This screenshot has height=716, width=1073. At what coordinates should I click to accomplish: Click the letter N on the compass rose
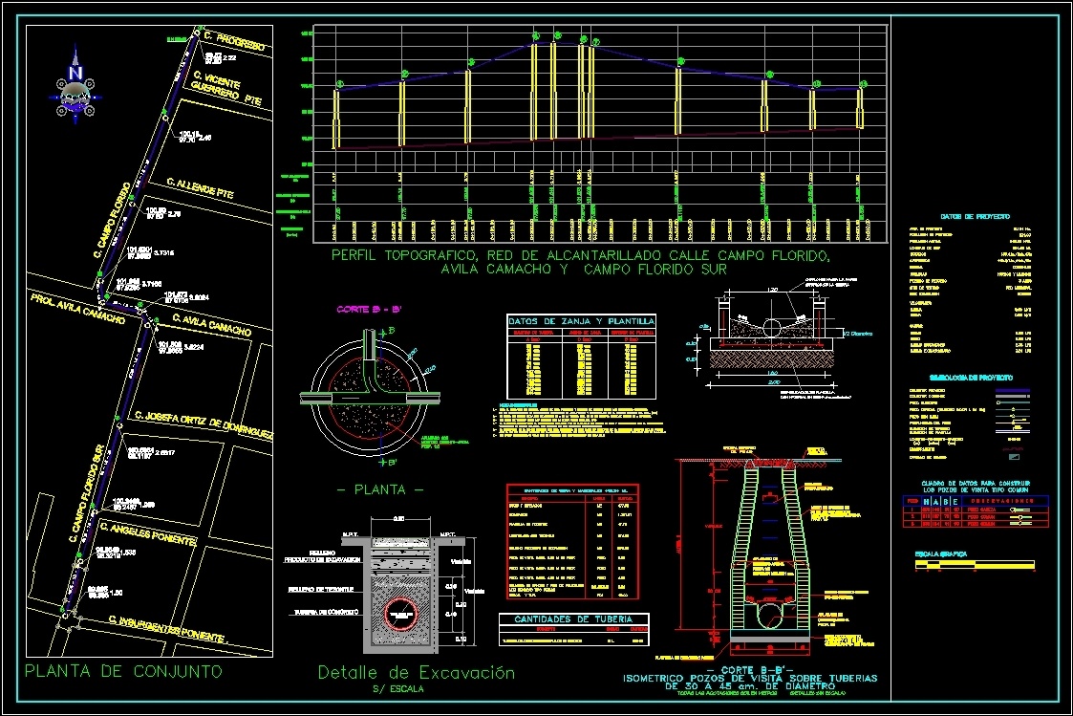(75, 73)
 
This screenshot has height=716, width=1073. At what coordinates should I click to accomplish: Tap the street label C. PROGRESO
(233, 40)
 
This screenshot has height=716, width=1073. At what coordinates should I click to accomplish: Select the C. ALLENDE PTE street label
(200, 188)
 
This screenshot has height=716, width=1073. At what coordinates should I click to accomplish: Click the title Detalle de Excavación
(416, 673)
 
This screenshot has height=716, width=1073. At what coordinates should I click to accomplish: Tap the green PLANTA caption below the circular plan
(380, 489)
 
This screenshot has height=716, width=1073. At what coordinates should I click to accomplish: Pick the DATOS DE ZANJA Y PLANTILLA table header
(581, 320)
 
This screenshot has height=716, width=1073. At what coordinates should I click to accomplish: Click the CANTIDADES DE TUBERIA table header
(573, 618)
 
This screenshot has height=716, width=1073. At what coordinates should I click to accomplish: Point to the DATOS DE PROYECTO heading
(975, 217)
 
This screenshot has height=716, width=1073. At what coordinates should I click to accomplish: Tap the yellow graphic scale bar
(975, 566)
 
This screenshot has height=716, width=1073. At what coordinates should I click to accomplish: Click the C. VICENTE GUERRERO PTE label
(227, 88)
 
